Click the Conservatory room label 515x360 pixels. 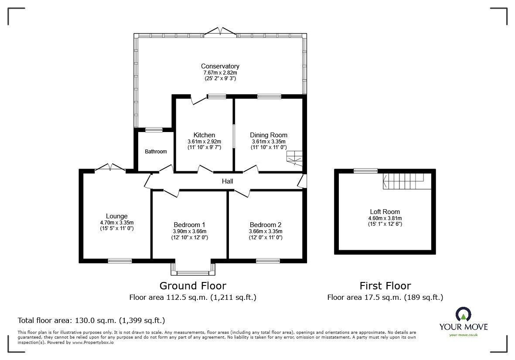click(x=220, y=66)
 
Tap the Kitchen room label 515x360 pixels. click(x=204, y=135)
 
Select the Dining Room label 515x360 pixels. click(x=268, y=135)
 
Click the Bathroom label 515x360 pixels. click(x=156, y=152)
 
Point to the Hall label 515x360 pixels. click(x=227, y=181)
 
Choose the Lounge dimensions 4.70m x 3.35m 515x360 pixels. click(x=116, y=222)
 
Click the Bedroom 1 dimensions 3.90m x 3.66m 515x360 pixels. click(x=190, y=231)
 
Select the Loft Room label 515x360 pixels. click(x=385, y=212)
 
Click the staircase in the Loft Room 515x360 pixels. click(x=403, y=180)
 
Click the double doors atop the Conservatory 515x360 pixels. click(x=221, y=31)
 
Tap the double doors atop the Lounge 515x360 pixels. click(x=110, y=167)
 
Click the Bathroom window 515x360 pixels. click(x=153, y=129)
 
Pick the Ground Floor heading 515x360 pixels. click(x=193, y=286)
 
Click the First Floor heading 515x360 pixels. click(x=385, y=286)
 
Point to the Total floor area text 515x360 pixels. click(x=91, y=320)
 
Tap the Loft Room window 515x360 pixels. click(x=365, y=170)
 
